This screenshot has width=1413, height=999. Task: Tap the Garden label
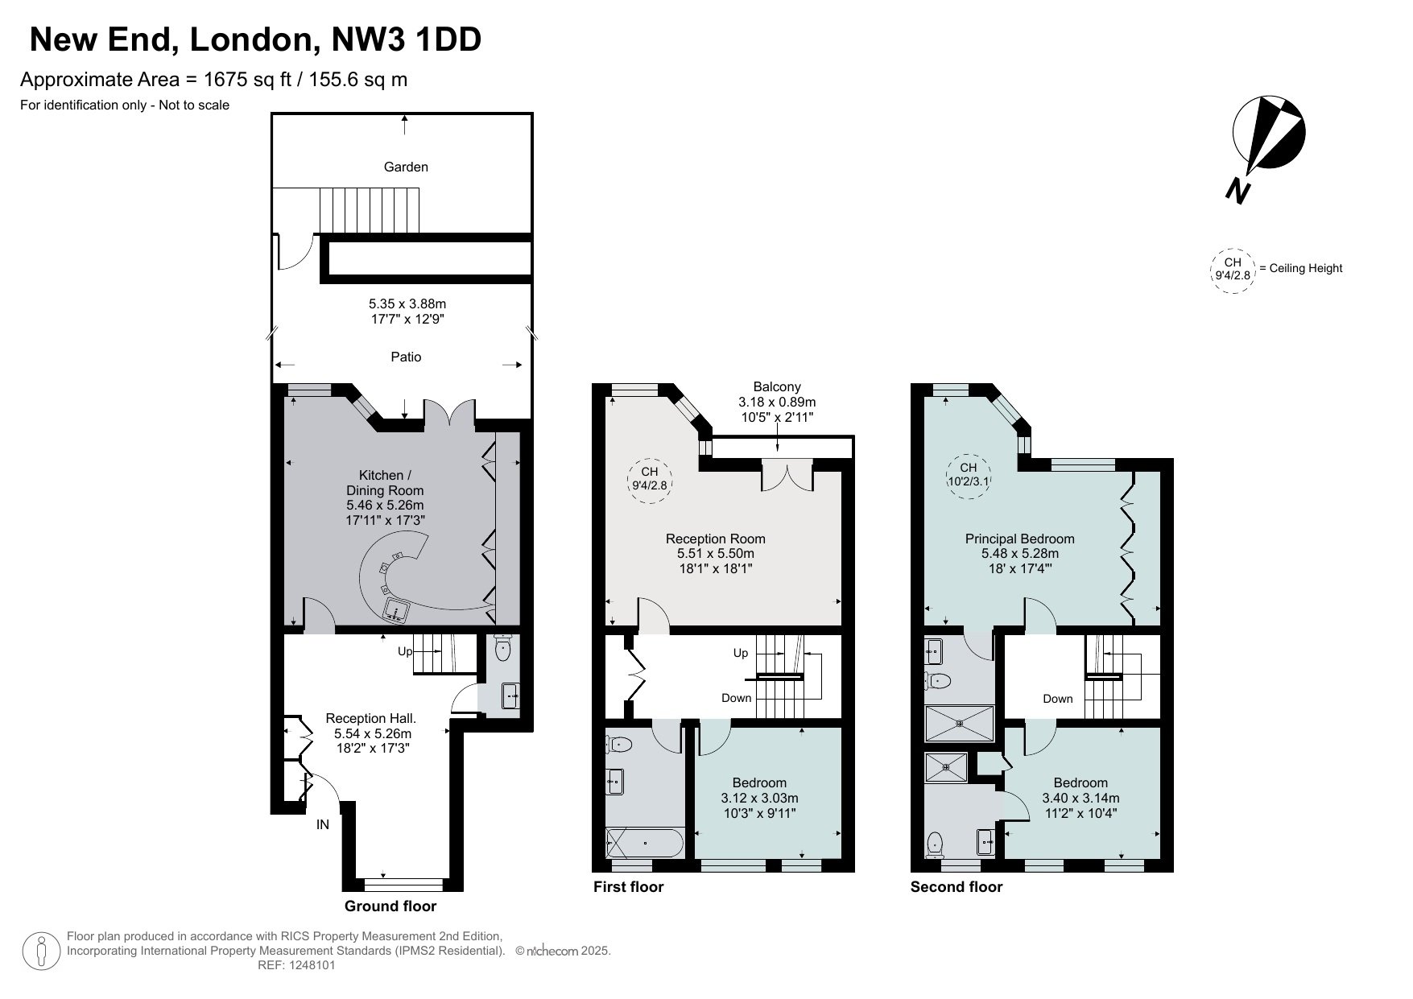point(406,167)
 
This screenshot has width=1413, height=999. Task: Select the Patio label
point(406,357)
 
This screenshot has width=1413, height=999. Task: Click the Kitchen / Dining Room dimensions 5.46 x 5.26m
point(385,506)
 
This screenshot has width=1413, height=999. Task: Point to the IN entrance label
point(322,824)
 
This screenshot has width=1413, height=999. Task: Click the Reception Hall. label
point(371,718)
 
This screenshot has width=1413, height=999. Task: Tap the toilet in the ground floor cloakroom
point(504,648)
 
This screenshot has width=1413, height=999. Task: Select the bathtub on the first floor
point(644,843)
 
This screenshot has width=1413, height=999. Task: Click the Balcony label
point(777,387)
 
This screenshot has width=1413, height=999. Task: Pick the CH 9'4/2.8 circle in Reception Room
point(650,478)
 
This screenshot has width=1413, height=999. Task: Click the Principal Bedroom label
point(1020,539)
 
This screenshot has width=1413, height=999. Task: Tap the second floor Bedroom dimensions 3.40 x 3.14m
point(1080,798)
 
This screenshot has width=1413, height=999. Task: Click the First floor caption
point(629,887)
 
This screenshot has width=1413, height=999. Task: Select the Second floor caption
point(956,887)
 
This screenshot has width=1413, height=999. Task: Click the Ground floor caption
point(390,906)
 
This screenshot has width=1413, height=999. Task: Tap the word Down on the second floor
point(1058,699)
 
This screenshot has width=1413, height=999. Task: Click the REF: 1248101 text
point(296,965)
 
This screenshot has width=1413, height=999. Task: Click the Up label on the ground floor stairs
point(406,651)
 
